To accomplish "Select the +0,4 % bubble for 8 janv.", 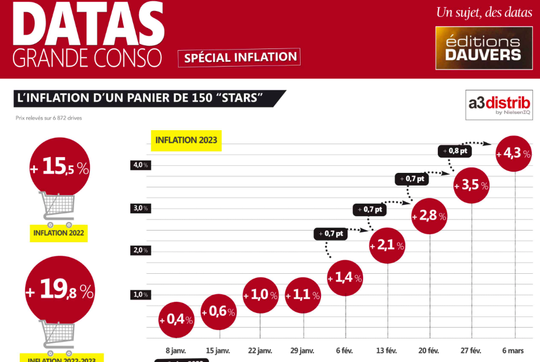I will click(x=176, y=319).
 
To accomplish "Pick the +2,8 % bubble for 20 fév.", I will click(x=429, y=217).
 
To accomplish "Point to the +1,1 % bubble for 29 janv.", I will click(x=303, y=295).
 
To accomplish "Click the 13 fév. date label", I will click(x=387, y=350).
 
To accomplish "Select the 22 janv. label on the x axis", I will click(x=260, y=350).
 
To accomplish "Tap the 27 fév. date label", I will click(x=471, y=350).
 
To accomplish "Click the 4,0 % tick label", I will click(x=140, y=165).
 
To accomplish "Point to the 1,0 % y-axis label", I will click(x=140, y=295).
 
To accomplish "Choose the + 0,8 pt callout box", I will click(x=454, y=151).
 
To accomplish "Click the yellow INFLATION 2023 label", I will click(x=185, y=141).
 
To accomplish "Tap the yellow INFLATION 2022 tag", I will click(x=58, y=233).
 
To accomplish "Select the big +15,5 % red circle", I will click(x=60, y=168).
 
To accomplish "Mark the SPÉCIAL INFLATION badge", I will click(x=239, y=57).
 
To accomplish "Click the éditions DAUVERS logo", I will click(x=483, y=48).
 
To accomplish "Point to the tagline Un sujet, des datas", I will click(x=484, y=12).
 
